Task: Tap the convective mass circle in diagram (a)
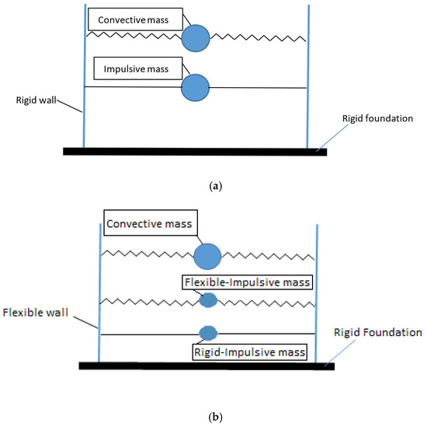(x=196, y=37)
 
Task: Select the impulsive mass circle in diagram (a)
(x=195, y=87)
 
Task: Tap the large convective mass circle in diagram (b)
(x=208, y=255)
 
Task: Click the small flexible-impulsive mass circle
(x=208, y=299)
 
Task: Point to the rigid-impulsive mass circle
(x=207, y=333)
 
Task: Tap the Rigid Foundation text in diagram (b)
(x=377, y=332)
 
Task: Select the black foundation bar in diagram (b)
(x=206, y=365)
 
